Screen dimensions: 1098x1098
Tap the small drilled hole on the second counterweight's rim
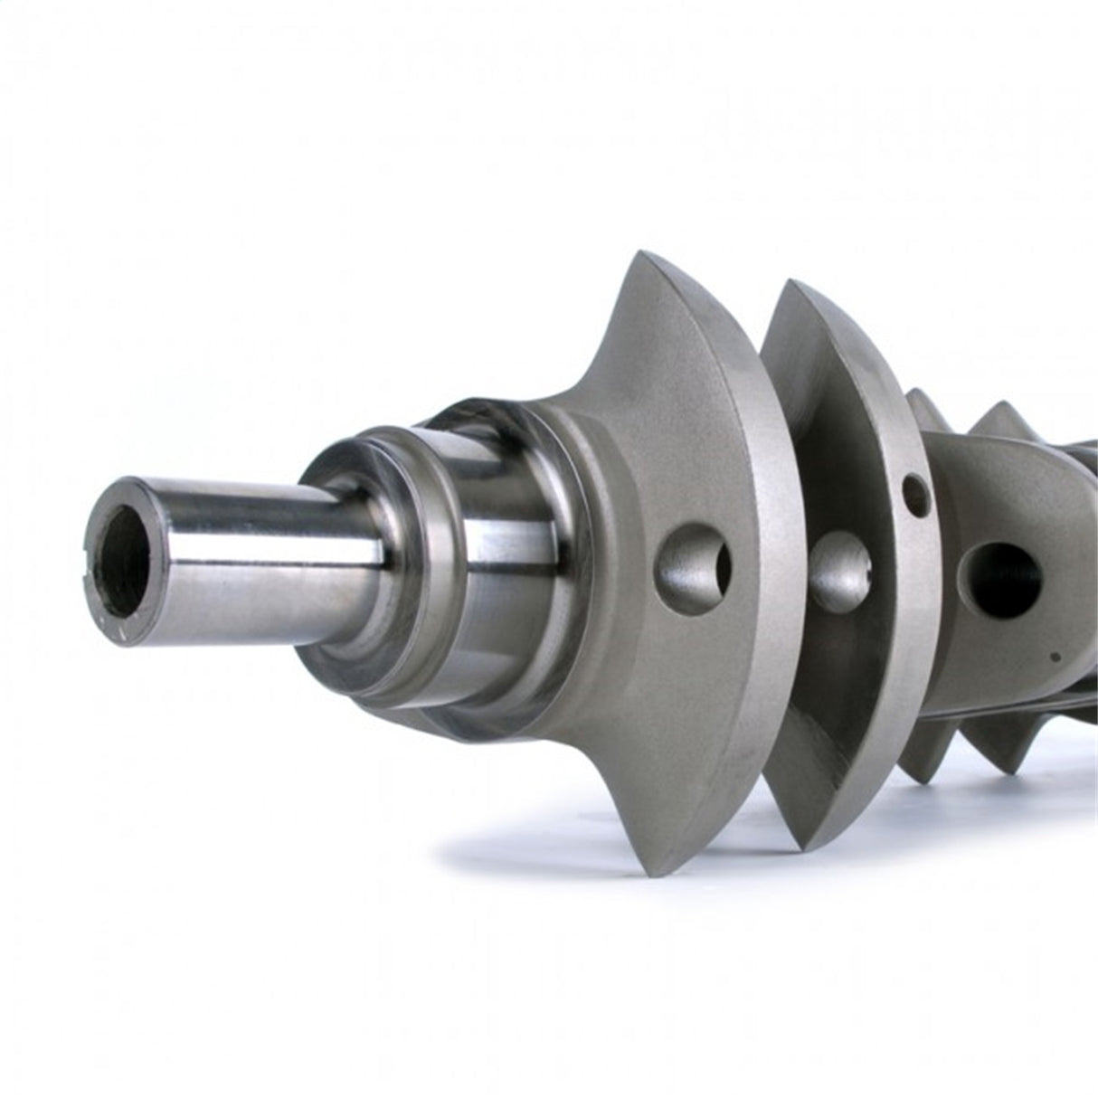pyautogui.click(x=917, y=493)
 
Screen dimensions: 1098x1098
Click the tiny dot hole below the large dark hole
pyautogui.click(x=1051, y=653)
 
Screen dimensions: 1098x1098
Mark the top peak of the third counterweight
pyautogui.click(x=915, y=394)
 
